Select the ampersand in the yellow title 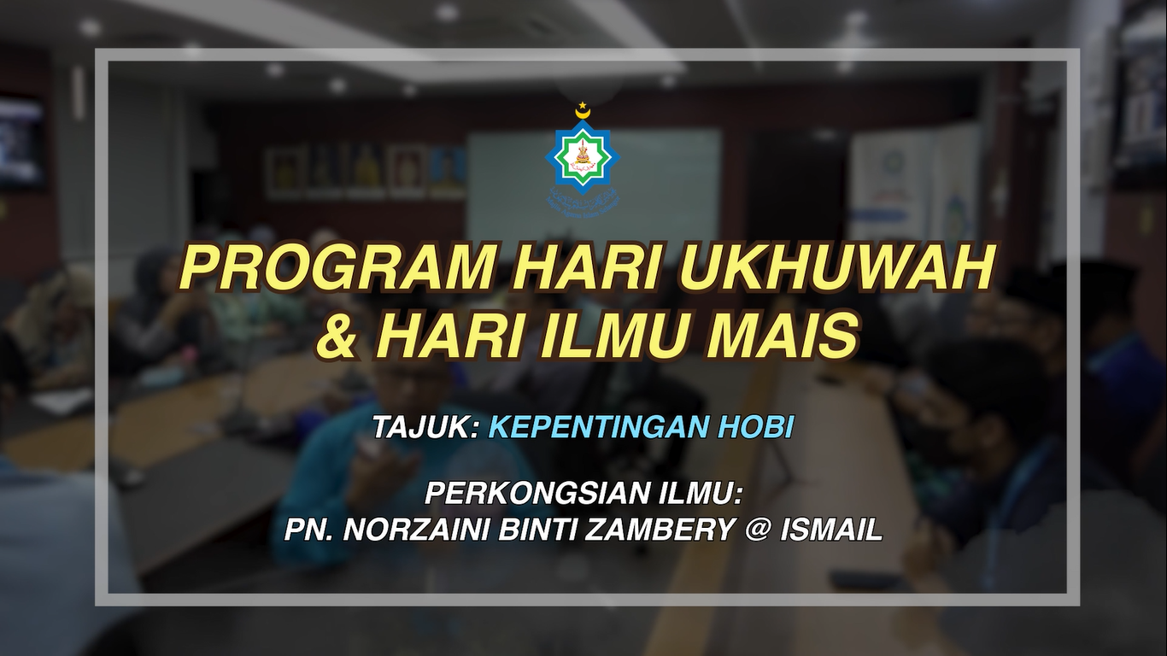[x=337, y=337]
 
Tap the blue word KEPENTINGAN [x=597, y=427]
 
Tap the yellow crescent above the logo [x=583, y=110]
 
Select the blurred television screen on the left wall [x=21, y=141]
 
